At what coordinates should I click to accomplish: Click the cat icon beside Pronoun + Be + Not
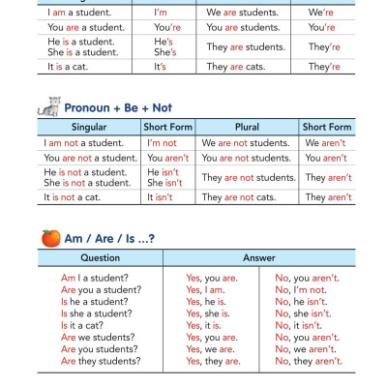[49, 107]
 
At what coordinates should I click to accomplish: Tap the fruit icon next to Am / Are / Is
[49, 237]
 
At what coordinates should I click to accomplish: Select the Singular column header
[89, 128]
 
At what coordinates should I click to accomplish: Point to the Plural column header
[247, 128]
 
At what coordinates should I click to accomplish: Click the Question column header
[101, 258]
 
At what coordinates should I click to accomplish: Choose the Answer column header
[259, 258]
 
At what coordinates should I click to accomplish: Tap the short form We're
[321, 13]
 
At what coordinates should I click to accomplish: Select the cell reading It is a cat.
[71, 67]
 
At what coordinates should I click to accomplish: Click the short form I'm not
[162, 143]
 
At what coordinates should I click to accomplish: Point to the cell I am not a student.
[85, 143]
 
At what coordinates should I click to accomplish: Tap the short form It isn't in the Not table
[160, 197]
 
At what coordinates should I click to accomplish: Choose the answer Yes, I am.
[205, 290]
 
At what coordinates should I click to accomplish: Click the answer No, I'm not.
[301, 290]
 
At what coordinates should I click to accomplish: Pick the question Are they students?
[102, 361]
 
